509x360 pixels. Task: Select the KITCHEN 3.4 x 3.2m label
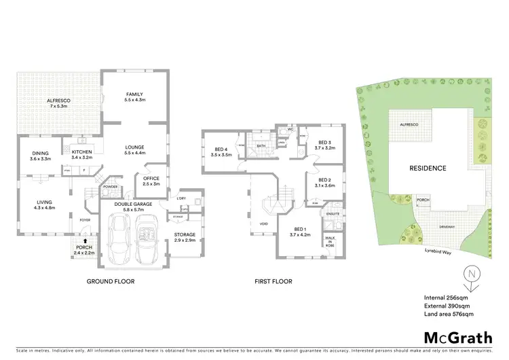(x=81, y=154)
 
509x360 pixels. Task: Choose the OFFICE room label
(x=150, y=181)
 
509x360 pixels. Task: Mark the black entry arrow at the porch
(x=85, y=240)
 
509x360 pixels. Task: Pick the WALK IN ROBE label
(x=330, y=240)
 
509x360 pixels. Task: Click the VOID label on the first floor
(x=263, y=223)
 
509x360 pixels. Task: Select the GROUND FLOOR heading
(x=111, y=281)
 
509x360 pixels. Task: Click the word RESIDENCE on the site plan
(x=427, y=168)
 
